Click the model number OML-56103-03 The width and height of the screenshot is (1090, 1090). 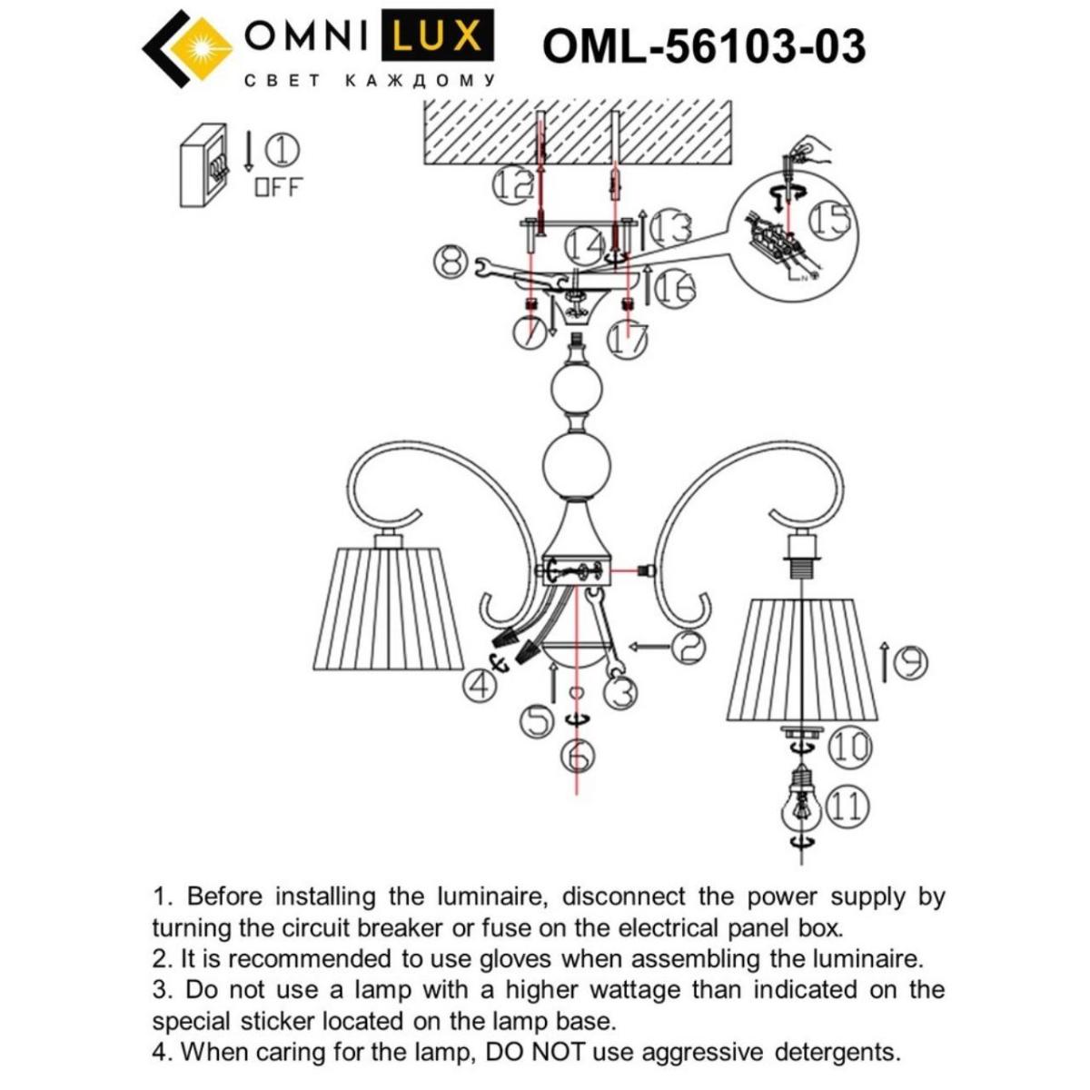tap(704, 45)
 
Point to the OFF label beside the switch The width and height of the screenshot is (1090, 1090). tap(278, 188)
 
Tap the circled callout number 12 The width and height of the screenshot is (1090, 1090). tap(512, 185)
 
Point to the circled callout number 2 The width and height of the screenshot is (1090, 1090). tap(688, 646)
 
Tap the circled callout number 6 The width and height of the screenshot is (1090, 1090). tap(578, 753)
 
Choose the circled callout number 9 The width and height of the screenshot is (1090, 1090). tap(908, 664)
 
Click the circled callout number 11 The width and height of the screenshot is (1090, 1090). tap(848, 806)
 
